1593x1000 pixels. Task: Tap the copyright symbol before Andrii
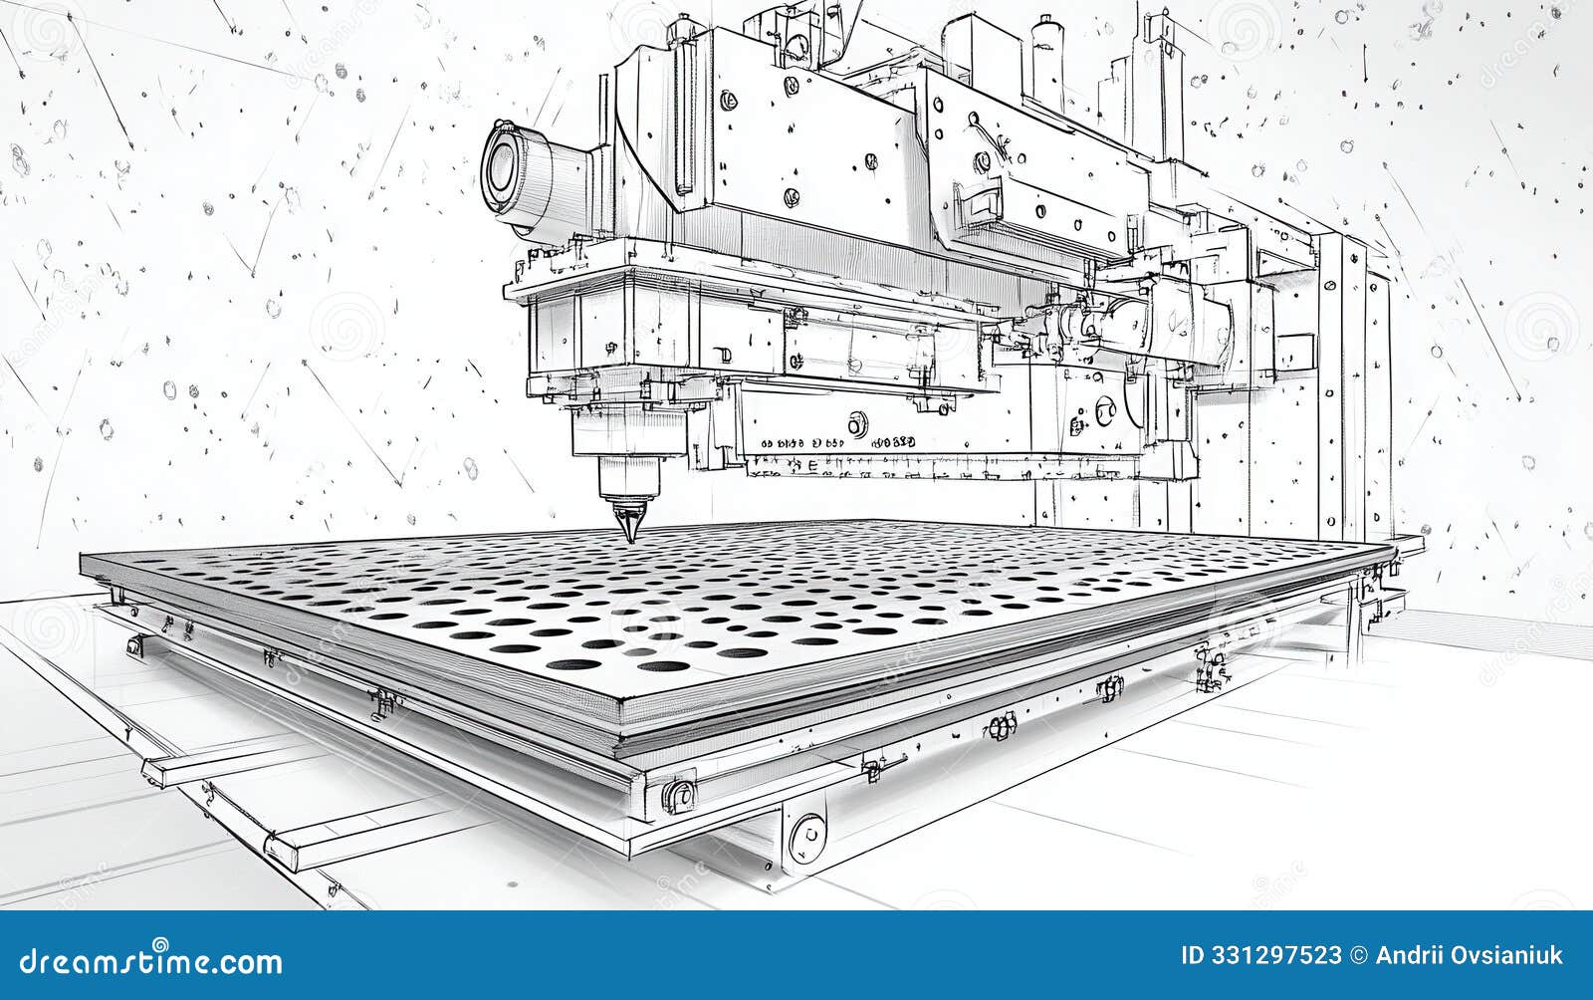pos(1359,956)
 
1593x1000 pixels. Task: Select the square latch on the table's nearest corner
pos(678,796)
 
